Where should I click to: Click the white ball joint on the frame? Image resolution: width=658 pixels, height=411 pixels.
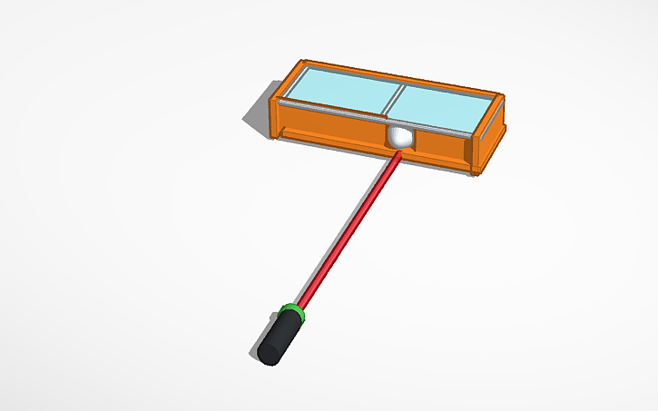coord(399,137)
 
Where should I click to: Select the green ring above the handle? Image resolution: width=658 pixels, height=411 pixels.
coord(291,314)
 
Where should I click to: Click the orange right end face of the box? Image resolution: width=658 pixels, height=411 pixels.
coord(491,141)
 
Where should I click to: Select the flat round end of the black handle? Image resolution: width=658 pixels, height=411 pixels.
coord(266,352)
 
